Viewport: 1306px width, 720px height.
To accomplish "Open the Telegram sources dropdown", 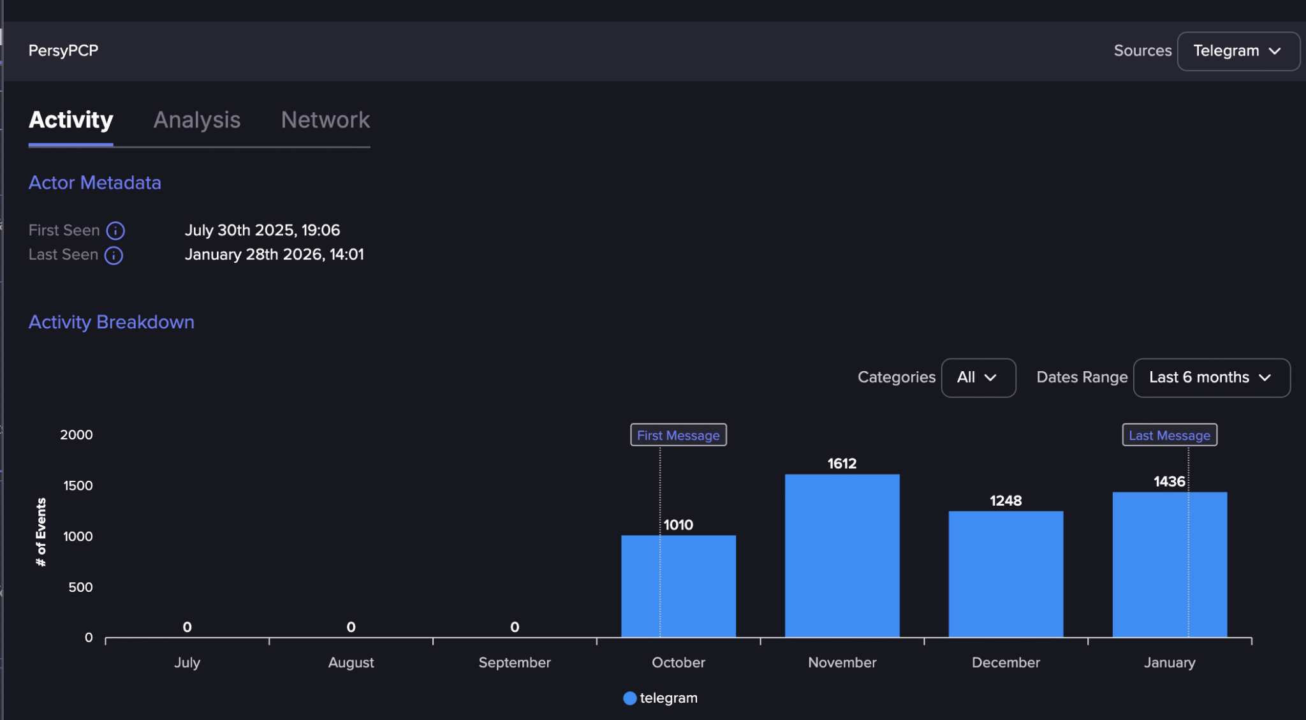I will (x=1238, y=51).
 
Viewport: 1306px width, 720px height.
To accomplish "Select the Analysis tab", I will (x=197, y=120).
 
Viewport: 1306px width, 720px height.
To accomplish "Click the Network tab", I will (x=325, y=120).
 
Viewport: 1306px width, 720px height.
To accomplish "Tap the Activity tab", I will (x=71, y=120).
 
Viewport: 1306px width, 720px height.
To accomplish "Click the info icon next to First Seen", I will (x=115, y=230).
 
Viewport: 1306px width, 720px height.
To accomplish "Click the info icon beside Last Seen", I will (x=114, y=255).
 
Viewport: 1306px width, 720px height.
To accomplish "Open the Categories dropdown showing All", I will (x=978, y=378).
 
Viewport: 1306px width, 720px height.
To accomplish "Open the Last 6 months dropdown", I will (x=1211, y=378).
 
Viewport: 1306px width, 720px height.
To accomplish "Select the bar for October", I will (x=679, y=586).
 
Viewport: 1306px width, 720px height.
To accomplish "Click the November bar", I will (x=842, y=555).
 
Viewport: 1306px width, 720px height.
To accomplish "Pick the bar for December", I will (x=1006, y=574).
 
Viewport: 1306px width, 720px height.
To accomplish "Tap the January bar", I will (x=1170, y=564).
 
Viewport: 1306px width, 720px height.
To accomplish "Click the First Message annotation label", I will (x=678, y=435).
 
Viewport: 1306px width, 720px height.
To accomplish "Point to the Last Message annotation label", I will (x=1170, y=435).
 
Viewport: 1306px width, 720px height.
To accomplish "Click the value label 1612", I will (x=842, y=464).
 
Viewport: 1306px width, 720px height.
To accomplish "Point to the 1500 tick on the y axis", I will (x=78, y=486).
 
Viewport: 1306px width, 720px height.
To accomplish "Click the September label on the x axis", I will (x=515, y=663).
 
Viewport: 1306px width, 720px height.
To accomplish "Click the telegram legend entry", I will (x=661, y=698).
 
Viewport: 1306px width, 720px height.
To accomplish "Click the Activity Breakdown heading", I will (x=112, y=322).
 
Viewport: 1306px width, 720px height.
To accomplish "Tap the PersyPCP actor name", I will (x=63, y=50).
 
